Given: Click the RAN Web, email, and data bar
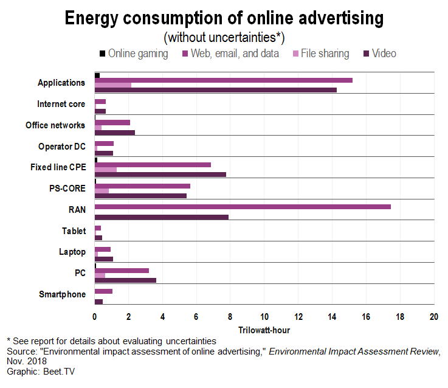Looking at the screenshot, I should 243,207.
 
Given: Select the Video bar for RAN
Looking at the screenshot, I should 162,217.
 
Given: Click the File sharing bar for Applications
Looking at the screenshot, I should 113,85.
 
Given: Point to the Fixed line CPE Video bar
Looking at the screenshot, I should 160,175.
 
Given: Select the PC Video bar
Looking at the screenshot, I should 125,280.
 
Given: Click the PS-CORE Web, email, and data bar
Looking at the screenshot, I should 142,186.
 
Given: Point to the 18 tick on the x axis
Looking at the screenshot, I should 400,317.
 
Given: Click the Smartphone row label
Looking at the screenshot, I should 62,295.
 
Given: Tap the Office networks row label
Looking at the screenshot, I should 55,125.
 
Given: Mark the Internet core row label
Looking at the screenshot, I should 61,104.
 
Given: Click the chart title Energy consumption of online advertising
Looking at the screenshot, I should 224,19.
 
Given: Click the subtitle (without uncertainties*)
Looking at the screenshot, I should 224,38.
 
